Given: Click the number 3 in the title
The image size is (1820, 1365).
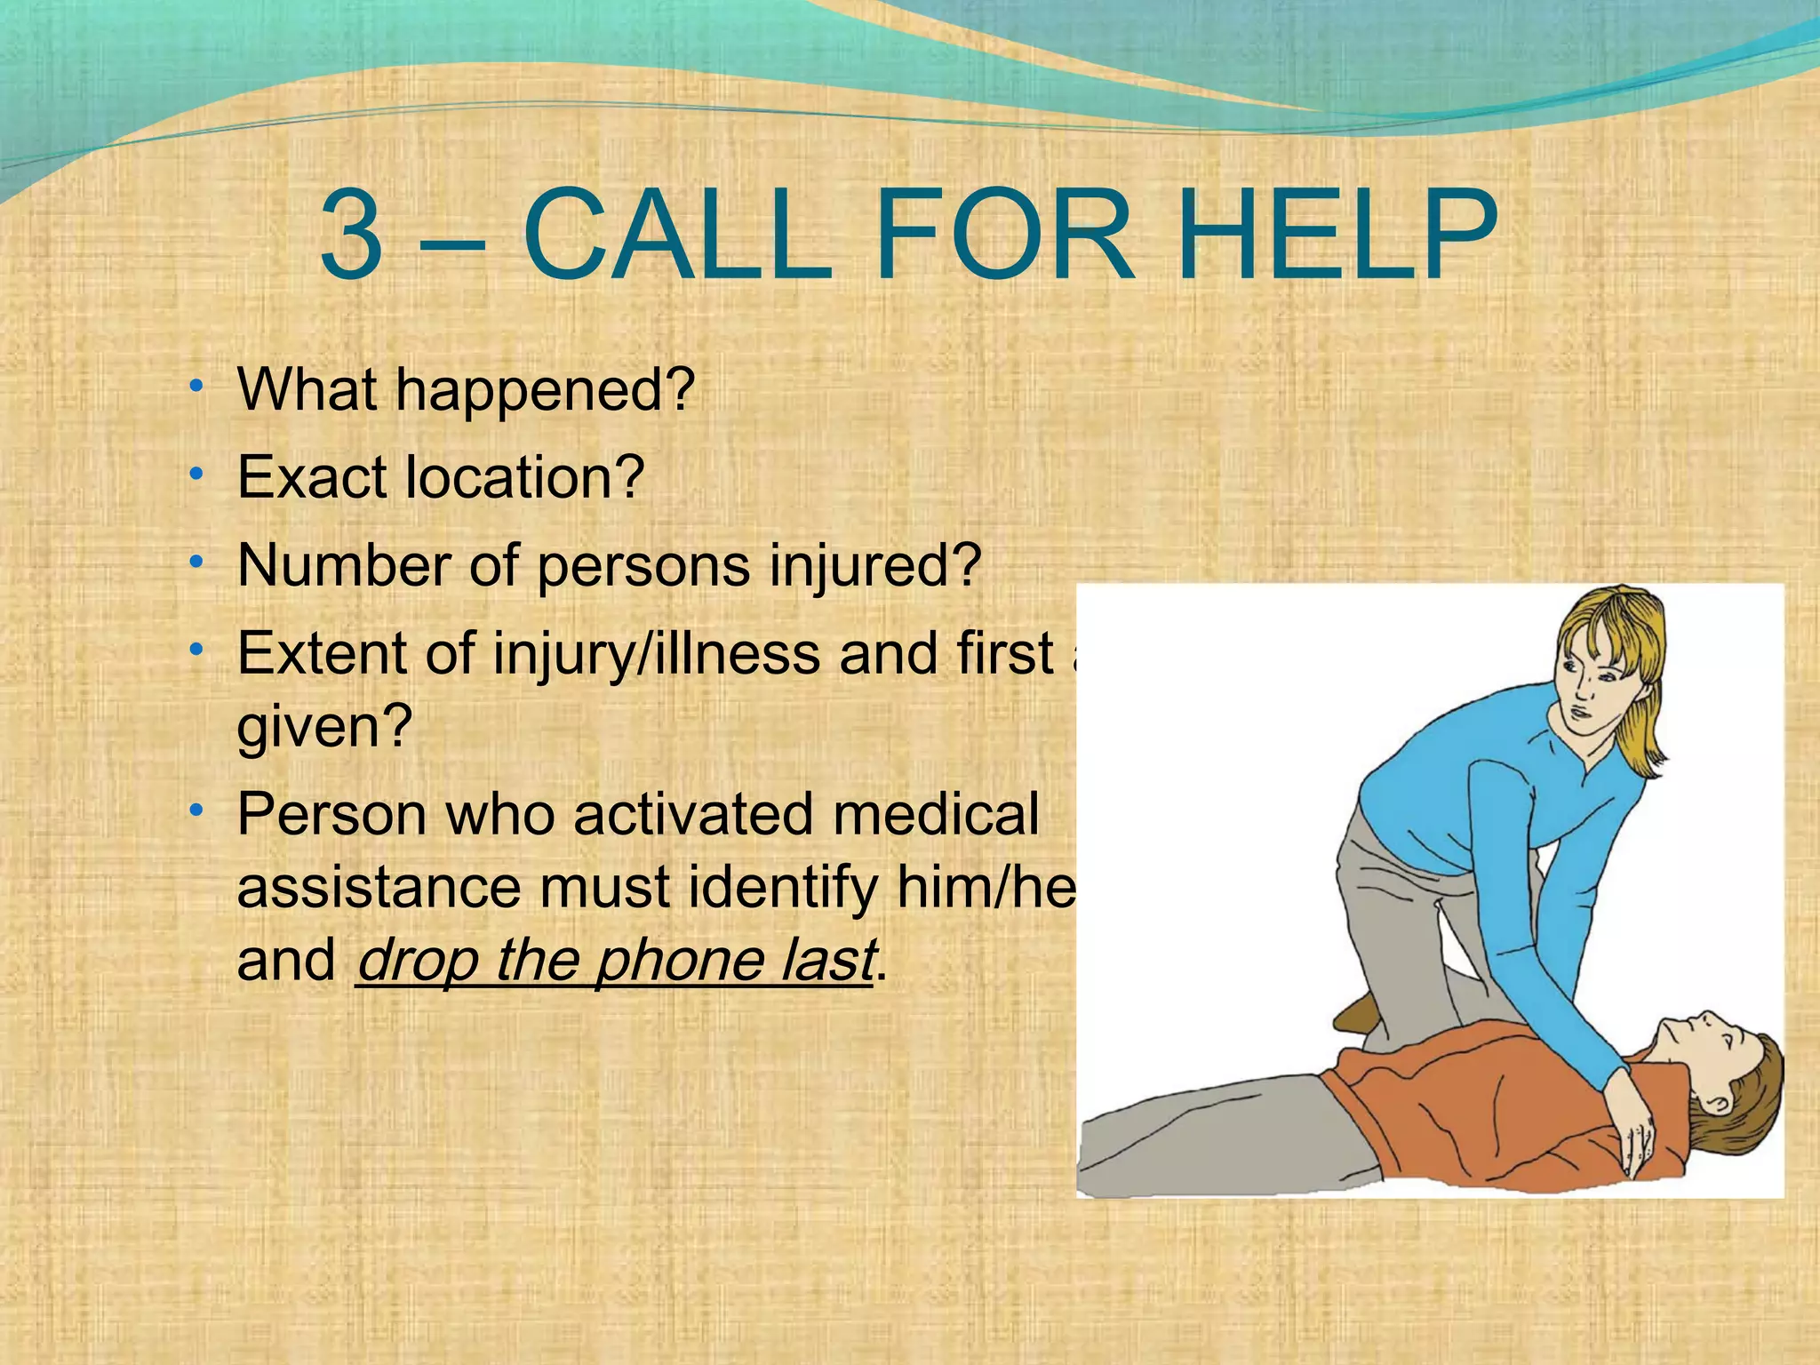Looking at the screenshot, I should point(352,237).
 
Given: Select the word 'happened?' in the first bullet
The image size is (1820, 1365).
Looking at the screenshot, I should point(544,391).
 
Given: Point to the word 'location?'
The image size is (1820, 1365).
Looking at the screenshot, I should point(524,478).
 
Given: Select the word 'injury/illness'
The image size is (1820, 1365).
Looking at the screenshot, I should point(658,654).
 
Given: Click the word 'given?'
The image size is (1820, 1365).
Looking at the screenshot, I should point(325,727).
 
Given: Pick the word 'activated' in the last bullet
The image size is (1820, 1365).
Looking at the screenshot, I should point(693,814).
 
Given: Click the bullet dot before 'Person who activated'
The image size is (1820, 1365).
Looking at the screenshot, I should point(196,809).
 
